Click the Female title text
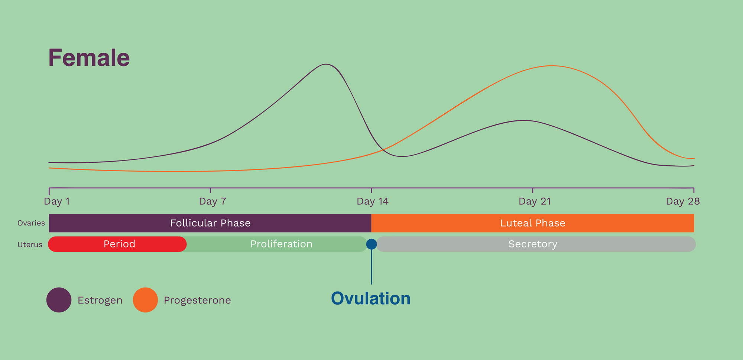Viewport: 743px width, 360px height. pos(89,58)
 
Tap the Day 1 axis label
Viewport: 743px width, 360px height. pos(57,201)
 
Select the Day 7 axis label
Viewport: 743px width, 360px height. pos(212,201)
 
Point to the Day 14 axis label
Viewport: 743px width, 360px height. pos(372,201)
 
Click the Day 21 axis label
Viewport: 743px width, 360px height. pos(534,201)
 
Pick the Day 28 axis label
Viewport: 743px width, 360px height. pos(682,201)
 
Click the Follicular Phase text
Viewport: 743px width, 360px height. pos(210,223)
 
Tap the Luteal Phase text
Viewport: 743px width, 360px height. pos(532,223)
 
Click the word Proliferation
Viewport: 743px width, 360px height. pos(281,244)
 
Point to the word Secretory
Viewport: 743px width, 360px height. pos(532,244)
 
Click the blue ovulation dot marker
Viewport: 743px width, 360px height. pos(371,244)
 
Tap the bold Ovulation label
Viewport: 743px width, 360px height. pos(371,299)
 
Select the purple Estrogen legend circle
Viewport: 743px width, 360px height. pos(59,300)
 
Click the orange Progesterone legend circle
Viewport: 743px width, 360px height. pos(145,300)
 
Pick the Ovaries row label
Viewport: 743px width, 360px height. pos(31,223)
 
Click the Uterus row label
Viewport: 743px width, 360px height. pos(30,245)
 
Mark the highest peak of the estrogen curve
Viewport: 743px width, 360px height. pos(326,64)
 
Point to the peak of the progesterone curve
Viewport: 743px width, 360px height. pos(552,66)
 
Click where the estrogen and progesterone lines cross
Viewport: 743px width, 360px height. pos(384,149)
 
